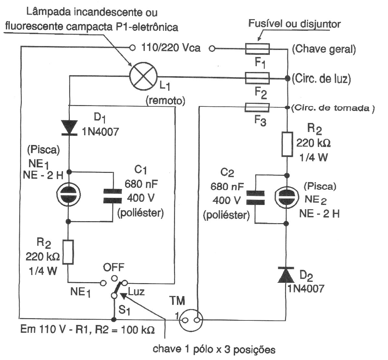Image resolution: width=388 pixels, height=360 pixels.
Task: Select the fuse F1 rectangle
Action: click(257, 49)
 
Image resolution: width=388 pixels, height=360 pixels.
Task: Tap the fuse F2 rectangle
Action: click(257, 78)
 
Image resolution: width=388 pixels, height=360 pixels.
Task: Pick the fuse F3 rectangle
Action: click(257, 107)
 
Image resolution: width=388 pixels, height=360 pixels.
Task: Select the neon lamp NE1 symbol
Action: click(69, 196)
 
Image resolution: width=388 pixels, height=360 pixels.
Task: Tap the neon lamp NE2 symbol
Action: click(287, 198)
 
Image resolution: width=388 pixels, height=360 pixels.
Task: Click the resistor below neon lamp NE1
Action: click(68, 252)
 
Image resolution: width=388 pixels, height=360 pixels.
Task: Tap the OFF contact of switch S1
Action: click(114, 278)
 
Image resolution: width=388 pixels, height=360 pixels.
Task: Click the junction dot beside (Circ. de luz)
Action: click(287, 78)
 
